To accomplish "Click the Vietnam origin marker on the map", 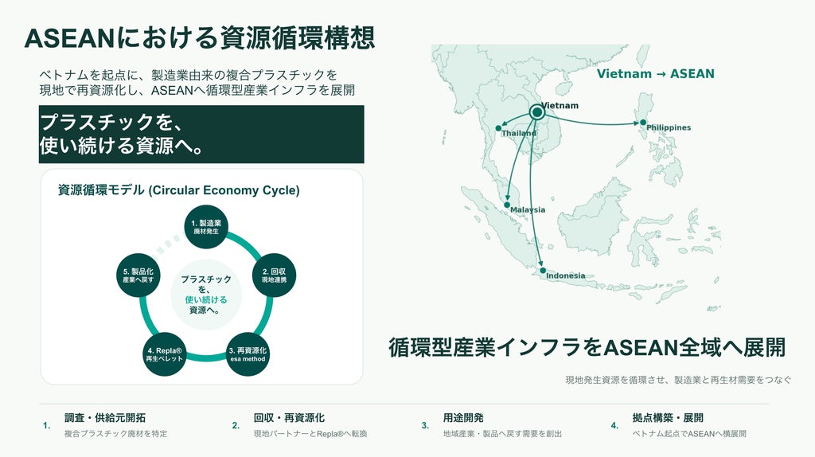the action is pos(537,112).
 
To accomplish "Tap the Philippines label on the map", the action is pos(669,127).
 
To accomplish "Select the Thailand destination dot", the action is pos(498,128).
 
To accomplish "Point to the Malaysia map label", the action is pos(528,209).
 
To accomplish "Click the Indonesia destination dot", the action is pos(543,271).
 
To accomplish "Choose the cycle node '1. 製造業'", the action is pos(206,227).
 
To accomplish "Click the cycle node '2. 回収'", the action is pos(274,275).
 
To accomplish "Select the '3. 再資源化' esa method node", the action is pos(248,354).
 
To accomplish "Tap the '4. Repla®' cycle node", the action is pos(164,354).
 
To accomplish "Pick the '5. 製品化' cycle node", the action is pos(138,275).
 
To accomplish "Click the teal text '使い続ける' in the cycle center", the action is pos(206,300).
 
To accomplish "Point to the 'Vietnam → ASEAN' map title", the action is pos(656,74).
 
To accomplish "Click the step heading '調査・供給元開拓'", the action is pos(105,417).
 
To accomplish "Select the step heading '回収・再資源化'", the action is pos(289,417).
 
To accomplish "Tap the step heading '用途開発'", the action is pos(463,417).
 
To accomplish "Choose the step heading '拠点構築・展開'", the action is pos(668,417).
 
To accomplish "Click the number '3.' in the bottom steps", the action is pos(425,425).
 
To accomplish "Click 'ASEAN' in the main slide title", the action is pos(69,38).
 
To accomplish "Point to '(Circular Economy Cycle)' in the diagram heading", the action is pos(224,190).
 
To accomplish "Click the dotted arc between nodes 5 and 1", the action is pos(167,244).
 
